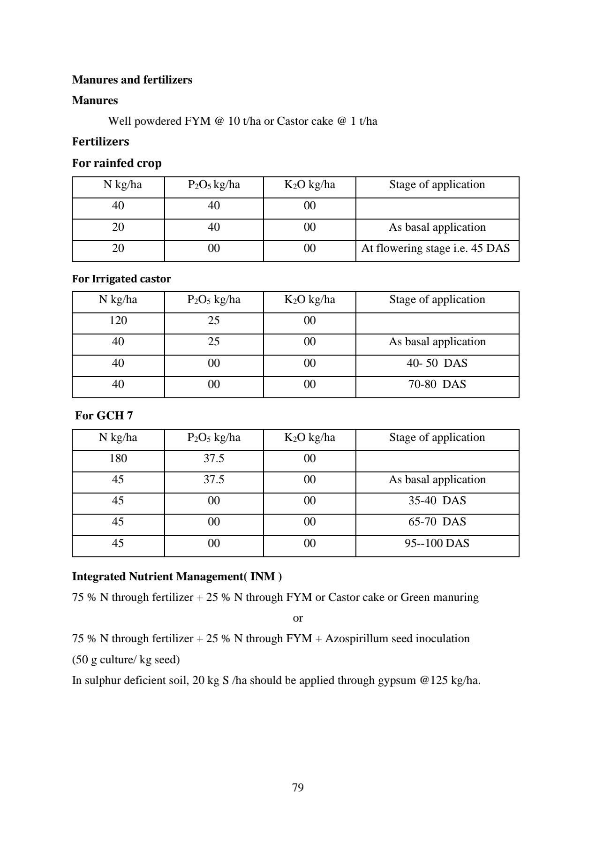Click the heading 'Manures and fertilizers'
coord(132,80)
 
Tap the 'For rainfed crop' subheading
coord(117,163)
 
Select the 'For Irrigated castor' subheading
coord(121,279)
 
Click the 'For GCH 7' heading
coord(104,415)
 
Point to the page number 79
coord(298,787)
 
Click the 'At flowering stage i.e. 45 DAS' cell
coord(436,248)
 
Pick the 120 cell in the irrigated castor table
coord(118,320)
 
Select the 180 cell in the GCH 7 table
coord(118,458)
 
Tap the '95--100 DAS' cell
coord(437,543)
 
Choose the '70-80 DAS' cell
coord(437,384)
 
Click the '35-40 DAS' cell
coord(437,501)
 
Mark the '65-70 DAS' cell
coord(437,522)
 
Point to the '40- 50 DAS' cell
coord(437,363)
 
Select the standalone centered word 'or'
coord(298,618)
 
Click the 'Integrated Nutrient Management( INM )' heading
coord(177,577)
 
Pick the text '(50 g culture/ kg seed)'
coord(126,660)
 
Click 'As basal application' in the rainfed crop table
coord(437,227)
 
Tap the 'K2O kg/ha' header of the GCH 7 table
coord(309,438)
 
